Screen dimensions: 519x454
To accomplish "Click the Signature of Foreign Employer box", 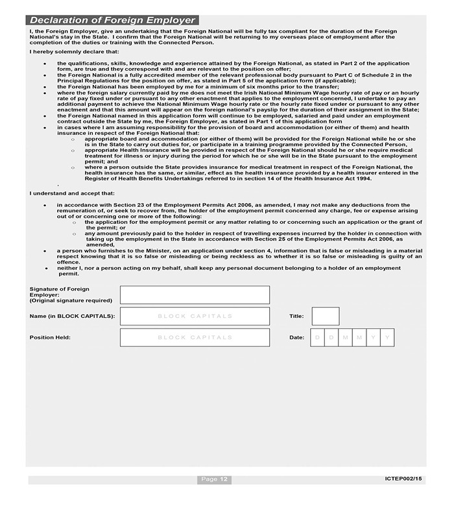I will (195, 295).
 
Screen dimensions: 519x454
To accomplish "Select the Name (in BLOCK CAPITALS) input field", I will (195, 316).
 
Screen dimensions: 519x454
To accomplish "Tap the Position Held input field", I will (195, 337).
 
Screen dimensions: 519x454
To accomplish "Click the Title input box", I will (325, 316).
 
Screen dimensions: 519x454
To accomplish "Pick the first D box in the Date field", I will (317, 337).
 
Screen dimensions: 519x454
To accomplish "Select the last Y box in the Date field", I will (387, 337).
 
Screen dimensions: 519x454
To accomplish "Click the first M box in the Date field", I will (345, 337).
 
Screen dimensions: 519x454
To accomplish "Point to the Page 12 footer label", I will (214, 479).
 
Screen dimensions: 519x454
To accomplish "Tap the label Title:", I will (296, 316).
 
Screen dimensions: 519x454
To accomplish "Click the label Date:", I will (296, 337).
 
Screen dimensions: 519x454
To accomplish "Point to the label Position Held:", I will (50, 337).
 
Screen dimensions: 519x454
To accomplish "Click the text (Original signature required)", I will (71, 300).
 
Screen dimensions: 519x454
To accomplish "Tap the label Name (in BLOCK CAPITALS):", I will (72, 316).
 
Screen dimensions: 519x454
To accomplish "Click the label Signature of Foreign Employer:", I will (60, 291).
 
